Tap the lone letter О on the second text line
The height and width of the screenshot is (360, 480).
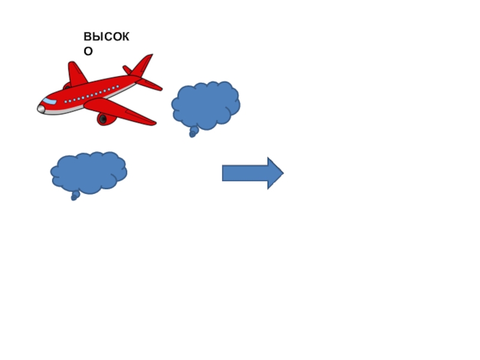click(88, 51)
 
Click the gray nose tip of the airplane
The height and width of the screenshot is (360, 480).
click(41, 109)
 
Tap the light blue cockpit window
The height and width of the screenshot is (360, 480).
click(49, 101)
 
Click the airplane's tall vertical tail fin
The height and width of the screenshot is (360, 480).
click(143, 65)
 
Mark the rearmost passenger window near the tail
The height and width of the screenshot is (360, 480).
click(118, 87)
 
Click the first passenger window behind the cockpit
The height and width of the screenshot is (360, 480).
click(66, 101)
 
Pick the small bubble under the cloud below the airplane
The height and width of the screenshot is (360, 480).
click(74, 196)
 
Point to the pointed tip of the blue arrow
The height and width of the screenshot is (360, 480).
click(282, 173)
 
